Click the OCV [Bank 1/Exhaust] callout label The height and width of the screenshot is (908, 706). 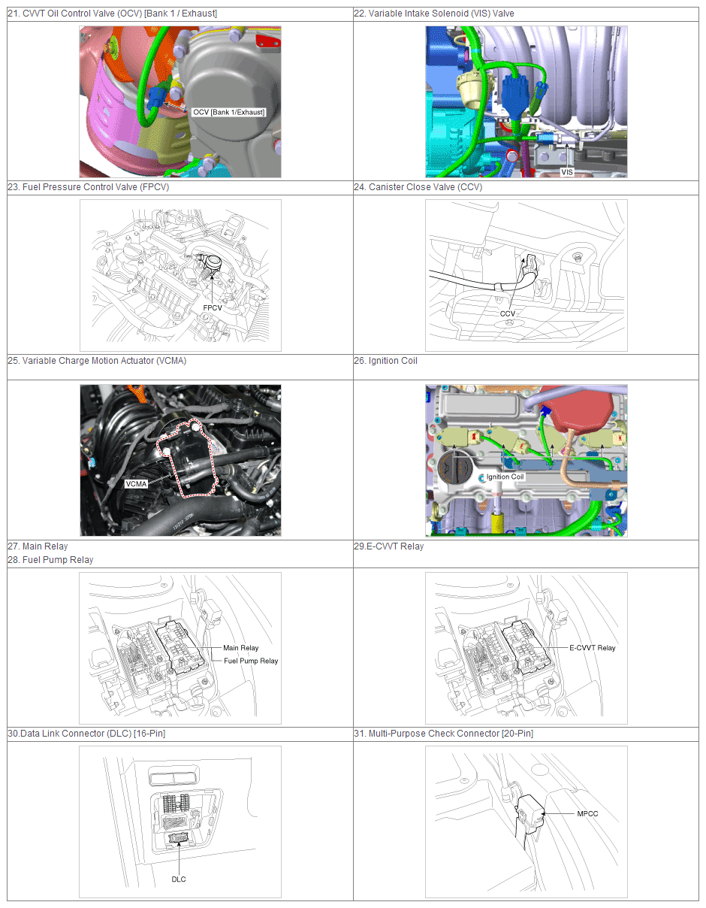point(229,112)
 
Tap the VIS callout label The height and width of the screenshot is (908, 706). point(566,171)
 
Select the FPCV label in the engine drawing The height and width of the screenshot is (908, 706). point(213,307)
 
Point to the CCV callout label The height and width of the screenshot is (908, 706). point(507,313)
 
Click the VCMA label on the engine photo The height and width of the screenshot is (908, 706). point(136,484)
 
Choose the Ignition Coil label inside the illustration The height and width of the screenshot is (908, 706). point(505,477)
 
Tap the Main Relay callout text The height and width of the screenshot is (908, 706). point(241,648)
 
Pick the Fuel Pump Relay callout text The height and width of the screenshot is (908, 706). point(251,661)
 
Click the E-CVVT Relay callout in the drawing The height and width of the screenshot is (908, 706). point(593,648)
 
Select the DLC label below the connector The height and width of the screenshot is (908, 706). point(179,879)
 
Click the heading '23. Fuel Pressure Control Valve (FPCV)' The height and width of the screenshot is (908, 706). point(89,186)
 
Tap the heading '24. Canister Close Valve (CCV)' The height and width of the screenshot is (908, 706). point(418,186)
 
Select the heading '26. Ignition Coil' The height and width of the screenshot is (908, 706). point(385,361)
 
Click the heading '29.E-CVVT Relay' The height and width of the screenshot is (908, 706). point(389,546)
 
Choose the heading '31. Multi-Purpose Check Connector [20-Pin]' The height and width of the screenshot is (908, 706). point(443,734)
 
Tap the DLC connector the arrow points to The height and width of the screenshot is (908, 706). point(179,838)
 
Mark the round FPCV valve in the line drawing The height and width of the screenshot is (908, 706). point(213,263)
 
